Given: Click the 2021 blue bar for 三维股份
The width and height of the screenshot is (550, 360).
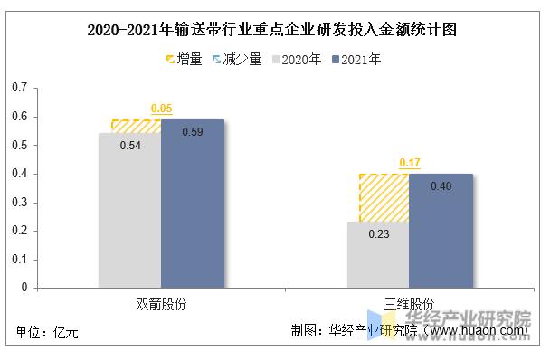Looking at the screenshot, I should pos(440,233).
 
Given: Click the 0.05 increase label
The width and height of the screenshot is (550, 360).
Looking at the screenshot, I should pos(161,109).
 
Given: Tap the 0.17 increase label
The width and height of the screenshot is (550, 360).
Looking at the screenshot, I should pos(409,164).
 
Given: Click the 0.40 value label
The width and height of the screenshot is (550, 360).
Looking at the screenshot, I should pos(440,186).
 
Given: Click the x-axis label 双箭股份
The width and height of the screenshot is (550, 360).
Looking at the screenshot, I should pos(161,303).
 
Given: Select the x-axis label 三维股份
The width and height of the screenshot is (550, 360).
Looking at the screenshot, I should pos(409,303).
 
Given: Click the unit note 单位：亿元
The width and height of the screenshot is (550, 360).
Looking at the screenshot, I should pos(47,333).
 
